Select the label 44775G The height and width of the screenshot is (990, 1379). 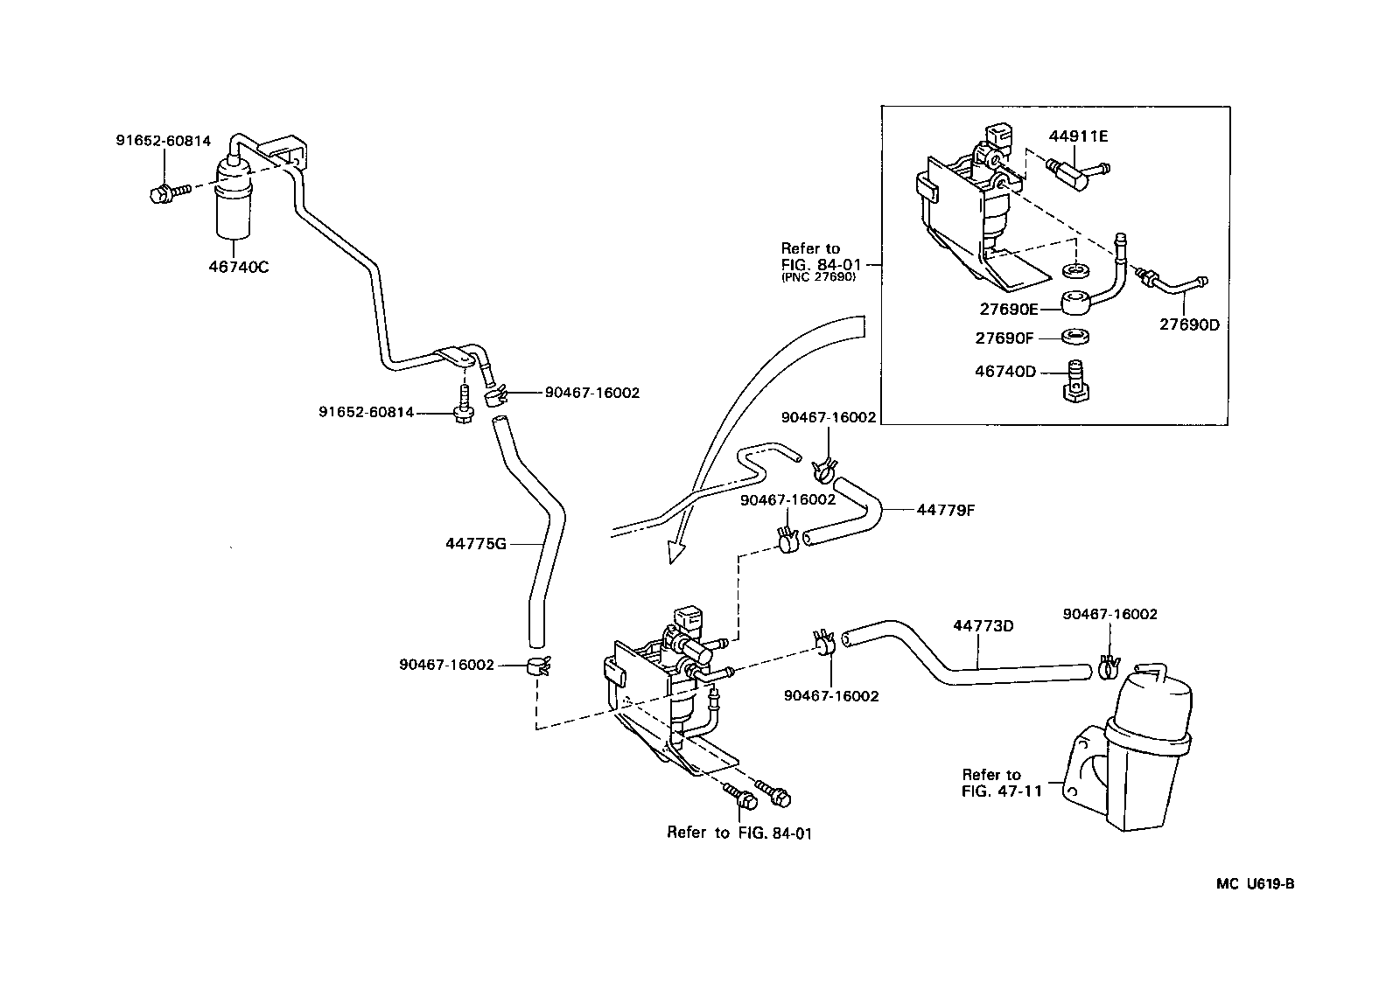(476, 544)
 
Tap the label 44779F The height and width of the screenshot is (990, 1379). (945, 510)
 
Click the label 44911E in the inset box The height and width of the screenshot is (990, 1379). (1079, 136)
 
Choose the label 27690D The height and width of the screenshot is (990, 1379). (1189, 324)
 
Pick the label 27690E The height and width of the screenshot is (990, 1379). (1009, 309)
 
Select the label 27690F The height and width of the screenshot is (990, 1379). (1005, 338)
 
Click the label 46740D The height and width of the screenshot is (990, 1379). (1005, 372)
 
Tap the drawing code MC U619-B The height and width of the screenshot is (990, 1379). (1255, 883)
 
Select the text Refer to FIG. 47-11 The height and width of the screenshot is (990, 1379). (990, 783)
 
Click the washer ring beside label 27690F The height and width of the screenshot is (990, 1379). (1075, 337)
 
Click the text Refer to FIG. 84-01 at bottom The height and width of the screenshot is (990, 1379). (739, 833)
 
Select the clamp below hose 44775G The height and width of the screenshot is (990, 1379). (537, 666)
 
